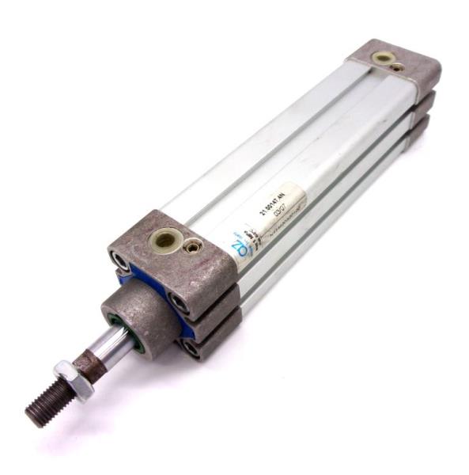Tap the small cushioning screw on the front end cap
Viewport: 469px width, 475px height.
tap(191, 247)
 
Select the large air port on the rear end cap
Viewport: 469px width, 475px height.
tap(384, 58)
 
